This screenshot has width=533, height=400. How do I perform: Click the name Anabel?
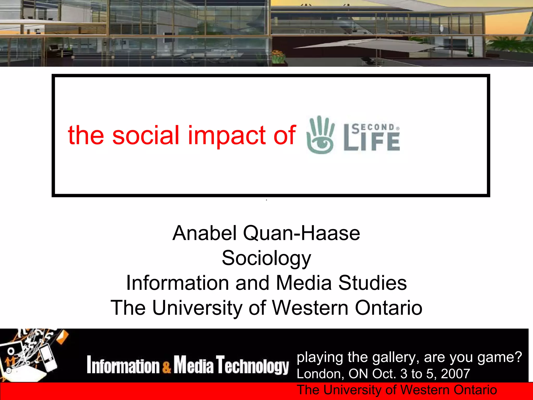[x=205, y=233]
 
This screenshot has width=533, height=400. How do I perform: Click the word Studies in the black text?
[x=372, y=283]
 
